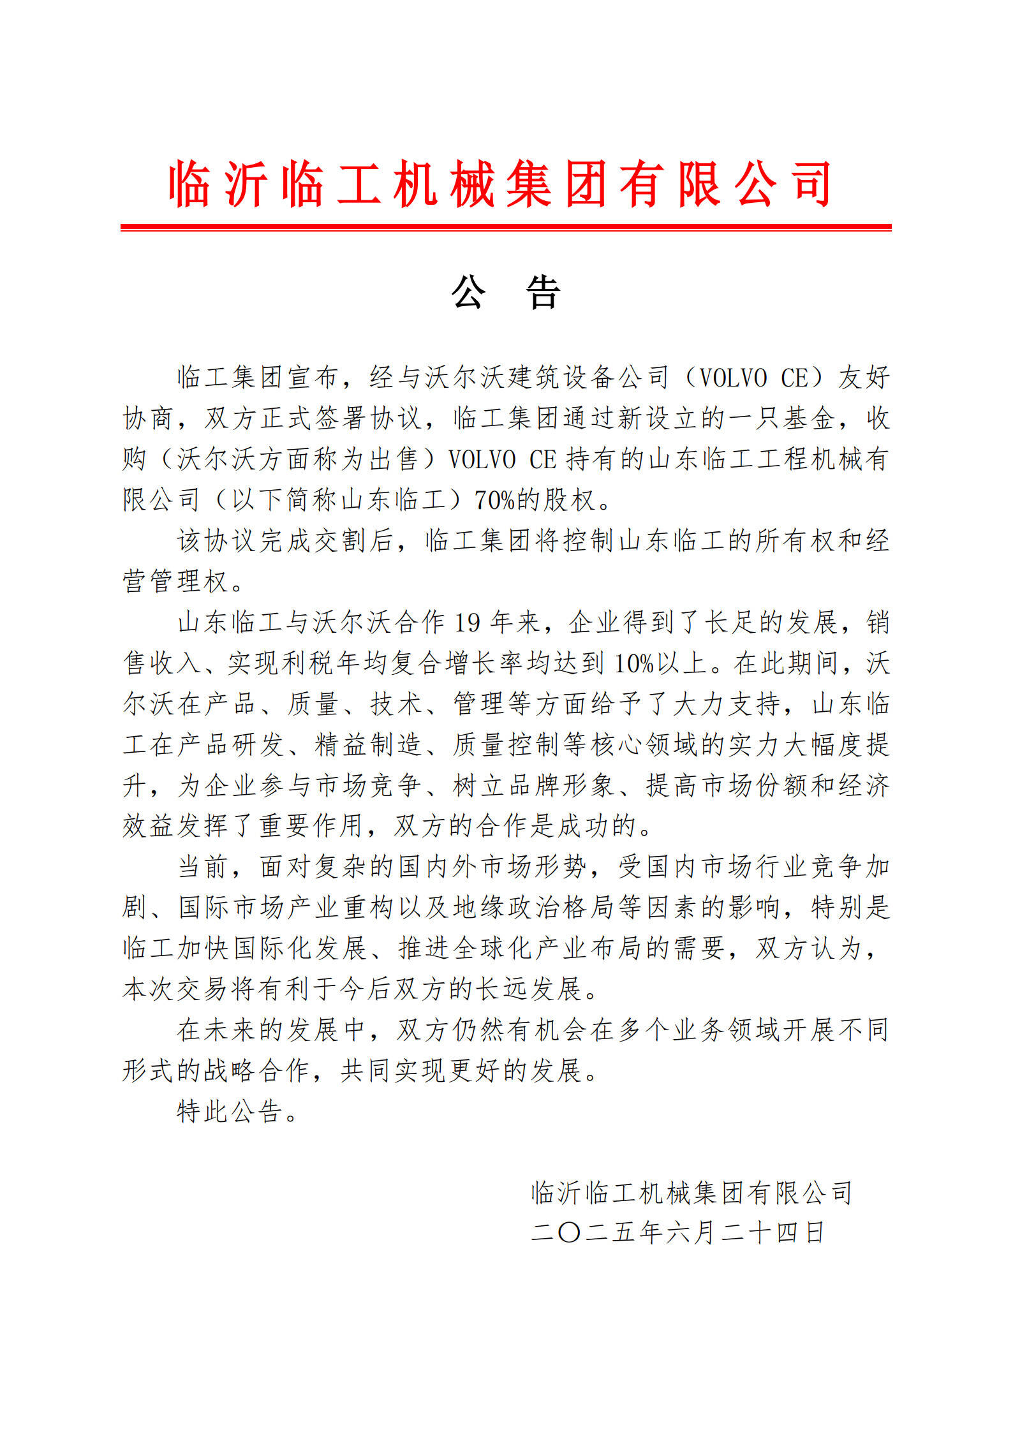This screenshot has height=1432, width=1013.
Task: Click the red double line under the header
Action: pos(506,227)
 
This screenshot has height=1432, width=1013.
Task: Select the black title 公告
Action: pos(506,293)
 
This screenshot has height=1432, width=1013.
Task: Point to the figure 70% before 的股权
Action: pos(494,500)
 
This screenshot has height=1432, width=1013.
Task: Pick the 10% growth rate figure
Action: pos(634,663)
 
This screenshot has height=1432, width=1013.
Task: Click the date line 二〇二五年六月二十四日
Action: pos(677,1233)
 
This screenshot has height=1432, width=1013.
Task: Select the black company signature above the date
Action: pos(691,1192)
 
